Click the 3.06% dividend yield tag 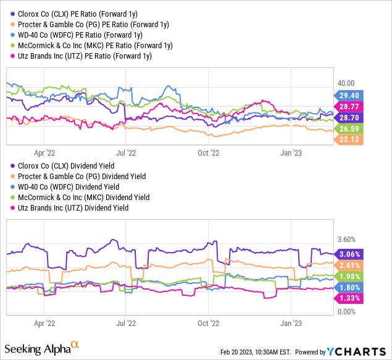click(349, 254)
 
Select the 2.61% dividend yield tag click(349, 265)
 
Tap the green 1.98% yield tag click(349, 276)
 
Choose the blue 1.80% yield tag click(349, 287)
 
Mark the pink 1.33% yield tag click(349, 298)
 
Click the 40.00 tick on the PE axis click(345, 83)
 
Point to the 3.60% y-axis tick click(347, 239)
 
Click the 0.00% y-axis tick click(347, 312)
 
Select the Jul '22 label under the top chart click(126, 151)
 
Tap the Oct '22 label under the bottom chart click(208, 322)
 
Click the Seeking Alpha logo click(46, 348)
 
